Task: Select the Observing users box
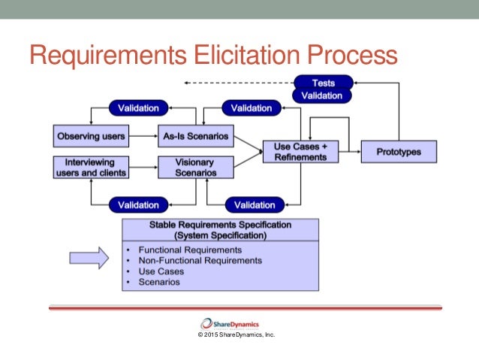pyautogui.click(x=91, y=137)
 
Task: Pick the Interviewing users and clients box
pyautogui.click(x=91, y=167)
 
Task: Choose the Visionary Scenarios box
pyautogui.click(x=194, y=167)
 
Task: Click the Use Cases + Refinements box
pyautogui.click(x=300, y=152)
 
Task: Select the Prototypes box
pyautogui.click(x=398, y=152)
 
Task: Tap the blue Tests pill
pyautogui.click(x=323, y=83)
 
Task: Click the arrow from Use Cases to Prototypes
pyautogui.click(x=349, y=152)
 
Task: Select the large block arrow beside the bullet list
pyautogui.click(x=89, y=258)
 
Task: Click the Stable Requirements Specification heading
pyautogui.click(x=221, y=229)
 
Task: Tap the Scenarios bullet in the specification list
pyautogui.click(x=159, y=282)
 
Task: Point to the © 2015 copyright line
pyautogui.click(x=236, y=334)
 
